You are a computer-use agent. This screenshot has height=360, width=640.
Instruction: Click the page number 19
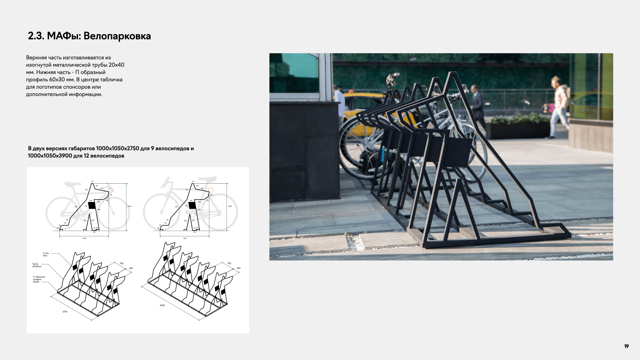(x=626, y=346)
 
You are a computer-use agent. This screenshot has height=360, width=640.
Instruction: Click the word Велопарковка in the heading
(x=117, y=36)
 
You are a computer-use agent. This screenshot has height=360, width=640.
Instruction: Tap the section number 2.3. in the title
(x=36, y=36)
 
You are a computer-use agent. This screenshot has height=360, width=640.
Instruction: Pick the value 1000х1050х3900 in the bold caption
(x=50, y=156)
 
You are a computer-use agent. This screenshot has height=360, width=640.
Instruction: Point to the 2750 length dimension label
(x=65, y=312)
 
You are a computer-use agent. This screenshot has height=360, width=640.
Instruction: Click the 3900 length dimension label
(x=162, y=305)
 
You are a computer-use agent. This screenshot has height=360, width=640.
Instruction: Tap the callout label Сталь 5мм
(x=46, y=254)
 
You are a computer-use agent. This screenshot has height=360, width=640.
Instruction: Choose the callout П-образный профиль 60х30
(x=39, y=279)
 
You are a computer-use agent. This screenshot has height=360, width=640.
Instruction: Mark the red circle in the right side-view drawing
(x=211, y=190)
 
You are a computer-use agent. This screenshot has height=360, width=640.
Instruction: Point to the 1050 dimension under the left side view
(x=84, y=238)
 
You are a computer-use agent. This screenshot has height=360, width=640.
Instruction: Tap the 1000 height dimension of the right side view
(x=230, y=206)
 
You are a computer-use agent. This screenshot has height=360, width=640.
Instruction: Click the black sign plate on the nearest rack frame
(x=458, y=152)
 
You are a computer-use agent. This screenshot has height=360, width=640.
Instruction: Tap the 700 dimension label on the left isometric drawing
(x=121, y=263)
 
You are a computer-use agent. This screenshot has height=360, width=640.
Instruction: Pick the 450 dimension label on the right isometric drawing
(x=238, y=268)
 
